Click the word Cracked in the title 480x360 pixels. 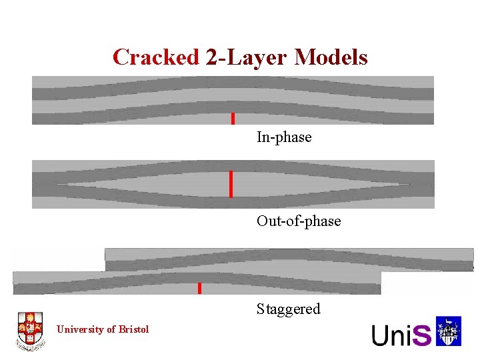click(156, 57)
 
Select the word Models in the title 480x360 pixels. click(331, 57)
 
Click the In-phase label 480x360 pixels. click(284, 137)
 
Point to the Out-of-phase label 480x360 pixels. click(299, 221)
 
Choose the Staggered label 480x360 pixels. click(289, 309)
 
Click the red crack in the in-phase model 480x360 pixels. click(233, 119)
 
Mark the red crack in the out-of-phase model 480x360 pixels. click(231, 184)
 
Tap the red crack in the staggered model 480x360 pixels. click(199, 288)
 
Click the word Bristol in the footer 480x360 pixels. click(135, 329)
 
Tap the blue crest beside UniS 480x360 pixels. click(449, 331)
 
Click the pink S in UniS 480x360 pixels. click(422, 335)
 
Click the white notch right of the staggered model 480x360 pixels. click(427, 283)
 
